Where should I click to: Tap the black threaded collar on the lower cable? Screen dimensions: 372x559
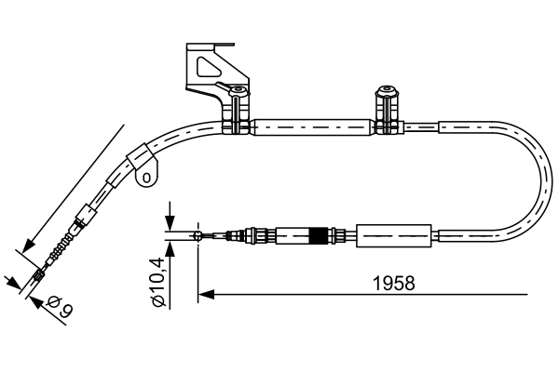coord(321,235)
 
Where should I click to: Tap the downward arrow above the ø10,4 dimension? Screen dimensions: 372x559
coord(170,224)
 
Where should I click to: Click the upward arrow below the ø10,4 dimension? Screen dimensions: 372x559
coord(170,246)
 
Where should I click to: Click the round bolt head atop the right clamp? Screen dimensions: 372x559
coord(383,91)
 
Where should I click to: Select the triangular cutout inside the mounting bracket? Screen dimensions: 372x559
coord(205,67)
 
